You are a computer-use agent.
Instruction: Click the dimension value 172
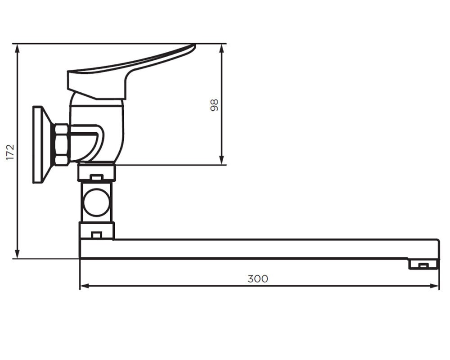[10, 153]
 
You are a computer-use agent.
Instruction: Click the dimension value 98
[214, 105]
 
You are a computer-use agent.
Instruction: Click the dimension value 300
[258, 279]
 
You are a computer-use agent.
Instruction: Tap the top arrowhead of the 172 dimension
[18, 49]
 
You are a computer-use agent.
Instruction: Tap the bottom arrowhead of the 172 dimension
[18, 254]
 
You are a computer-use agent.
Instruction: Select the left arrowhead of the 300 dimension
[85, 286]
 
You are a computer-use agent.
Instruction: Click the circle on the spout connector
[97, 202]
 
